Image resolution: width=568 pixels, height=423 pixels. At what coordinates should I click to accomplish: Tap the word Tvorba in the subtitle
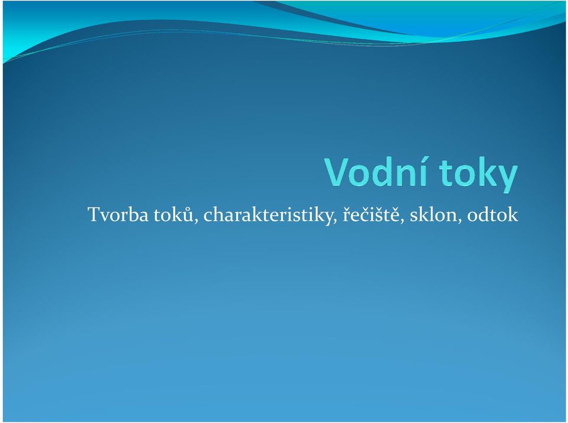click(118, 214)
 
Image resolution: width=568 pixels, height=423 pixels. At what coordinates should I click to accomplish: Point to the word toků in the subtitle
click(173, 214)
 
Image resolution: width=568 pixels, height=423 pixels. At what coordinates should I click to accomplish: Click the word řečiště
click(372, 214)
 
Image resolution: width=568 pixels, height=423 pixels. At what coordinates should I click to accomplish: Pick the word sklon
click(433, 214)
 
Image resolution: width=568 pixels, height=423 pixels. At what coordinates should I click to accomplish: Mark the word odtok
click(493, 214)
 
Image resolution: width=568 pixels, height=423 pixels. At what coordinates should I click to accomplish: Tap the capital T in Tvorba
click(93, 214)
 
